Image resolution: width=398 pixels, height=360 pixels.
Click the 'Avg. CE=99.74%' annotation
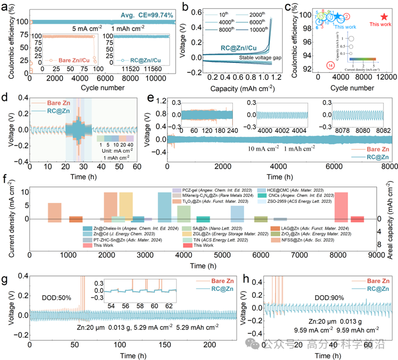pyautogui.click(x=139, y=16)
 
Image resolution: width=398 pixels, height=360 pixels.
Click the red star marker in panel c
pyautogui.click(x=384, y=17)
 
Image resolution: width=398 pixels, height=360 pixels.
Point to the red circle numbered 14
pyautogui.click(x=331, y=65)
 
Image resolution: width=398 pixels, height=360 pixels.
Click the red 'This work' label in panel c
pyautogui.click(x=380, y=24)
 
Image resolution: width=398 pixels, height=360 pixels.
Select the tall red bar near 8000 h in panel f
pyautogui.click(x=341, y=205)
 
